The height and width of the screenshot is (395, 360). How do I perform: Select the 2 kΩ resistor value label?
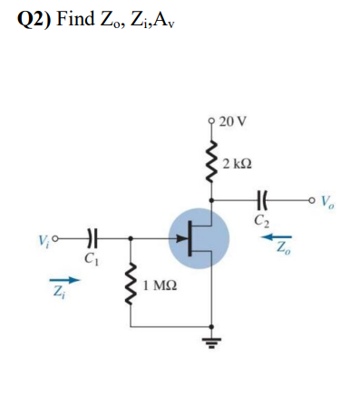coord(238,164)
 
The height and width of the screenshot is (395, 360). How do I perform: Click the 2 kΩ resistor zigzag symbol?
coord(211,163)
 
